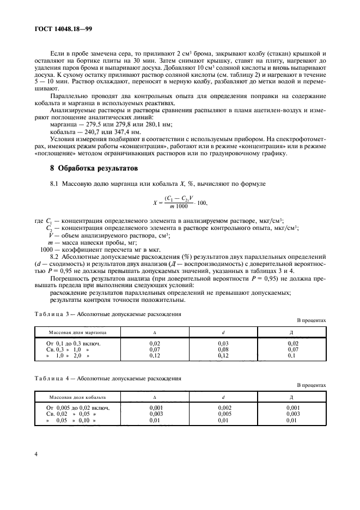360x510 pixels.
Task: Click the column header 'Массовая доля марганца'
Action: click(77, 331)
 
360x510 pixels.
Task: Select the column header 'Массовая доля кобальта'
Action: click(77, 396)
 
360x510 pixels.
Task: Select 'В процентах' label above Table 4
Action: click(312, 385)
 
